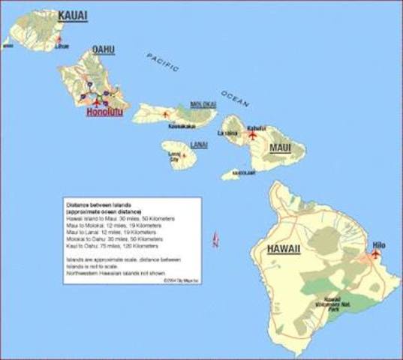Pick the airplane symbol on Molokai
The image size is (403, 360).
point(166,114)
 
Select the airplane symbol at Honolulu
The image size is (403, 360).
point(95,100)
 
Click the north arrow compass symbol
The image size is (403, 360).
point(215,240)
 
